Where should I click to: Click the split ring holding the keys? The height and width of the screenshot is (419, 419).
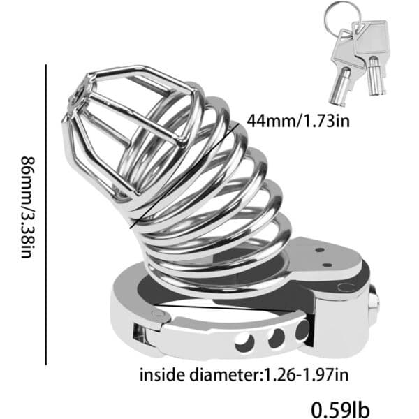(x=338, y=17)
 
